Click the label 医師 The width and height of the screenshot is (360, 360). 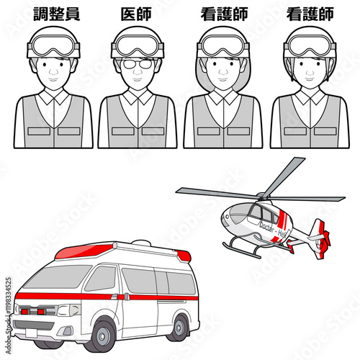(x=138, y=13)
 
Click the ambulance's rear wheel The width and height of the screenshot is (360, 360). (x=178, y=326)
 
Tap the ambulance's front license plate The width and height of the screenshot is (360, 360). (x=29, y=333)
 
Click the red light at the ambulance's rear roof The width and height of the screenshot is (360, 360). (x=184, y=256)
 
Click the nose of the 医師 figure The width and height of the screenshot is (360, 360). (x=138, y=71)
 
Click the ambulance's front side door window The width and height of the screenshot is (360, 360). (x=102, y=279)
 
